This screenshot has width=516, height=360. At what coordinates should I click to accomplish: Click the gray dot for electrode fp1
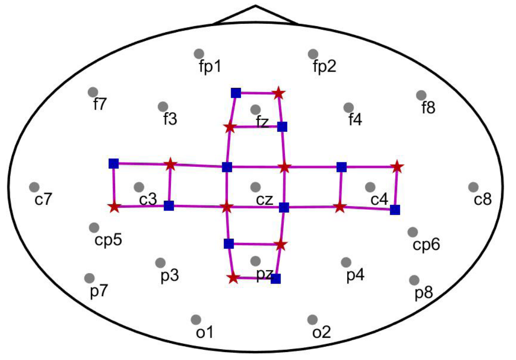coord(199,53)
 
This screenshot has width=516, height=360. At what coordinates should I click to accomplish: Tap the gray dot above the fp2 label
coord(313,53)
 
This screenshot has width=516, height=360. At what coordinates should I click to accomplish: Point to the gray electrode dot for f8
coord(421,95)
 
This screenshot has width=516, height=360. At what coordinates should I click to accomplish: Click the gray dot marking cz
coord(255,187)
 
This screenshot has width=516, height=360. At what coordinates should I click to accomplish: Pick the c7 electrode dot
coord(34,187)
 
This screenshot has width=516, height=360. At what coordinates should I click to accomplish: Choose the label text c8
coord(482,200)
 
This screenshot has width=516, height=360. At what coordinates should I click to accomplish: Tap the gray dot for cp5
coord(94,227)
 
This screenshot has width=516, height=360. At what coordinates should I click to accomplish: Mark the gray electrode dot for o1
coord(196,320)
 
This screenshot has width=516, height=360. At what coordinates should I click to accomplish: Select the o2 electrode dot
coord(312,320)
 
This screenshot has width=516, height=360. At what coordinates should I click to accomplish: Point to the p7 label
coord(99,291)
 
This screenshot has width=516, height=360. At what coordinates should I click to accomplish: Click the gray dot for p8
coord(415,280)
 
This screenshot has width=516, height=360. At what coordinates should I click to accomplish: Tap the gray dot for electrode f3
coord(163,107)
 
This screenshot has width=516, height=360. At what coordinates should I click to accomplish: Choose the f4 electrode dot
coord(349,107)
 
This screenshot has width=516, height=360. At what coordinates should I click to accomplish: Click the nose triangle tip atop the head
coord(256,6)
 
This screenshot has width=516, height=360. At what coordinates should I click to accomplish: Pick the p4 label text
coord(355,276)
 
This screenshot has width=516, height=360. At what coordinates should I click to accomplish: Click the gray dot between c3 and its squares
coord(139,187)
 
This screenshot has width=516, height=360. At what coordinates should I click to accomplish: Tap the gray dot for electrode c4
coord(370,187)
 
